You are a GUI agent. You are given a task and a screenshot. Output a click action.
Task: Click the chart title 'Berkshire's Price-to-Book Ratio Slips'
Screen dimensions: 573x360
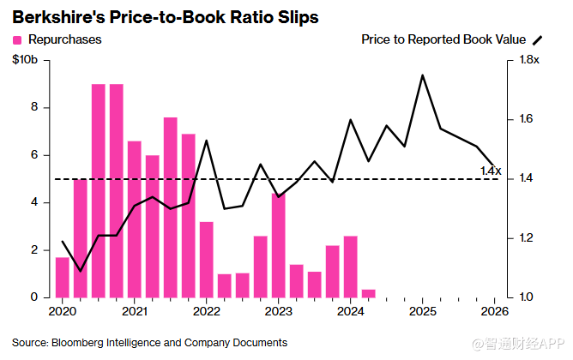click(x=166, y=17)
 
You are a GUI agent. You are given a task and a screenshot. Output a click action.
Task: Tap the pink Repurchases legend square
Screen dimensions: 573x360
click(x=17, y=39)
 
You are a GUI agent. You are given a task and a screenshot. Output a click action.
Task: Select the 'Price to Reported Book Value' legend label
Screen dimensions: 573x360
click(x=443, y=39)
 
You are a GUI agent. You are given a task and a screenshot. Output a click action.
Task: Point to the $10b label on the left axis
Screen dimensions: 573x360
click(x=25, y=59)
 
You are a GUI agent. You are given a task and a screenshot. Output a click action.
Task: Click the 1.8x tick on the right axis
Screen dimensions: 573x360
click(x=529, y=59)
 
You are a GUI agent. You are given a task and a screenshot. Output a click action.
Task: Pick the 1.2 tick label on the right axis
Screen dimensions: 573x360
click(x=526, y=238)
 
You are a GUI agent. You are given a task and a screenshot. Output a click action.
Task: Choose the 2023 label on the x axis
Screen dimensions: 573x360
click(x=279, y=311)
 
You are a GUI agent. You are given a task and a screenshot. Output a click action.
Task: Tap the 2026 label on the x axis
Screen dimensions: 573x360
click(x=494, y=311)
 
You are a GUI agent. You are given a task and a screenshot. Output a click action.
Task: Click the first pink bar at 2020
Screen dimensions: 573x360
click(x=62, y=278)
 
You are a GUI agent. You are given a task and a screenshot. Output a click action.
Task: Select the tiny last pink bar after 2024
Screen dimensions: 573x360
click(x=368, y=293)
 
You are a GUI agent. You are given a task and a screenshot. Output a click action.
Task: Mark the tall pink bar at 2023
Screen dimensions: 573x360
click(x=279, y=245)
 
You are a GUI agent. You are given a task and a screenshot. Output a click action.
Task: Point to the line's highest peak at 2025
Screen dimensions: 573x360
click(x=422, y=75)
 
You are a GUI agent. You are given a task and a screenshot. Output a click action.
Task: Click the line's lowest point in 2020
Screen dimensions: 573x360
click(x=81, y=271)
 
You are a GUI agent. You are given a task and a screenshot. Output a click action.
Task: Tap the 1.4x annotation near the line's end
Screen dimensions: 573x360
click(x=491, y=171)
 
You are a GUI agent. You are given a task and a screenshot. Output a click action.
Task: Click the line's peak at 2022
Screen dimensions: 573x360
click(x=207, y=141)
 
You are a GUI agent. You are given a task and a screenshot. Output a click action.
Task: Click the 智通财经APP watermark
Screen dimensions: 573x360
click(x=518, y=344)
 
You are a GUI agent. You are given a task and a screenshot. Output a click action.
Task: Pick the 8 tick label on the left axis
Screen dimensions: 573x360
click(x=34, y=107)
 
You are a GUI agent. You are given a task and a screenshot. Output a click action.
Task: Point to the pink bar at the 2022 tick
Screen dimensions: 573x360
click(x=207, y=260)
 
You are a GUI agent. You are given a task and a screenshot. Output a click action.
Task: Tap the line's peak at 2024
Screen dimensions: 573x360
click(x=351, y=120)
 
